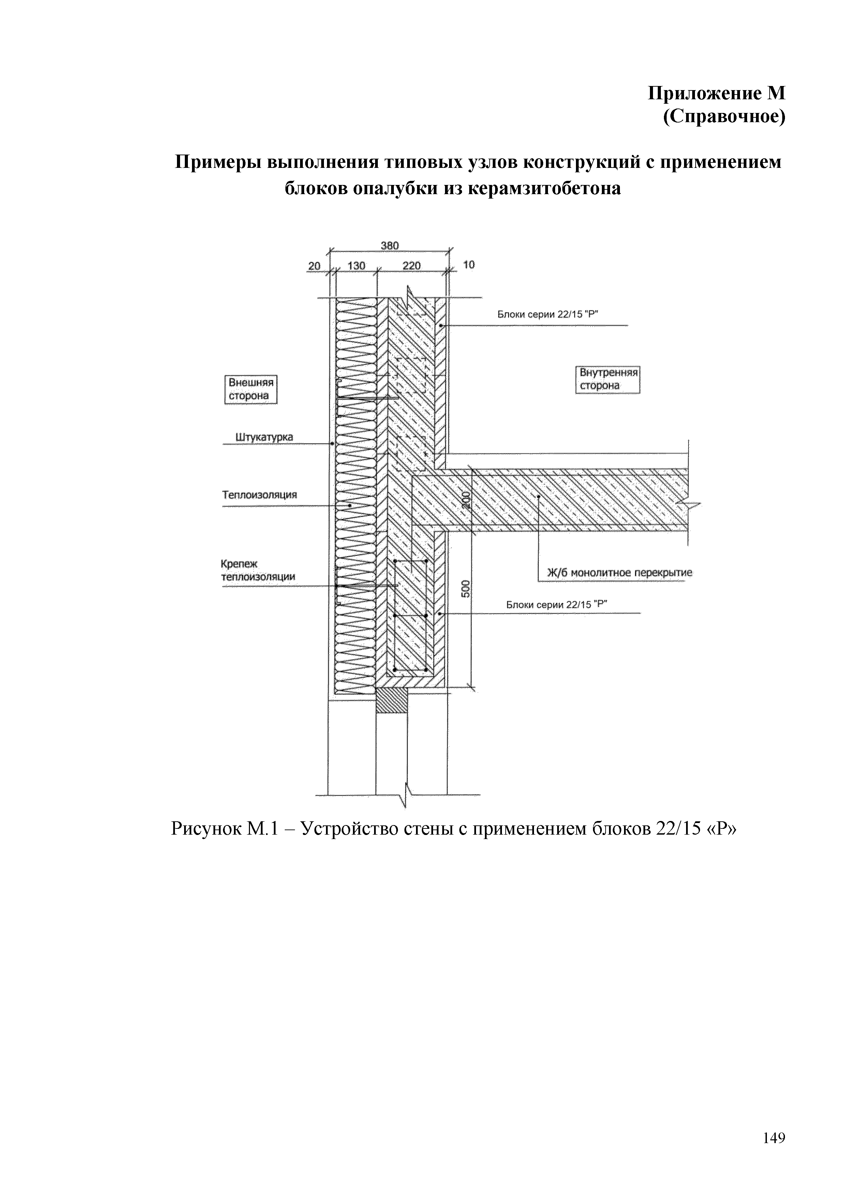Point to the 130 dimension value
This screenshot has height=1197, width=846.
pos(356,266)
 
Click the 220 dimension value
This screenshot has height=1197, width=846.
pos(411,266)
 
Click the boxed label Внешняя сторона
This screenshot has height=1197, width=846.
pos(251,389)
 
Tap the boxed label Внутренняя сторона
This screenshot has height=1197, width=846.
pos(608,379)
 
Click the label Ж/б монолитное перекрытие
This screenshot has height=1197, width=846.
pos(619,573)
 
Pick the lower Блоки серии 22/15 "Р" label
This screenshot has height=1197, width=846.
pos(557,605)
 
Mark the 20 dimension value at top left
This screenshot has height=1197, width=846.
pos(314,266)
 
